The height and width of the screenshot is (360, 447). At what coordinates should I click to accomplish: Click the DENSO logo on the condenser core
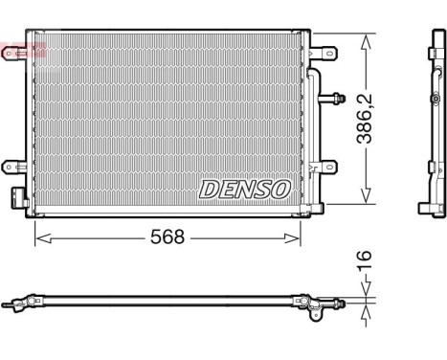tap(244, 189)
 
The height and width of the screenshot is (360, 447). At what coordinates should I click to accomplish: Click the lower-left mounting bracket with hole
tap(14, 165)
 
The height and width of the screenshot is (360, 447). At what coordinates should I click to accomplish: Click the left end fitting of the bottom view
tap(13, 307)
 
